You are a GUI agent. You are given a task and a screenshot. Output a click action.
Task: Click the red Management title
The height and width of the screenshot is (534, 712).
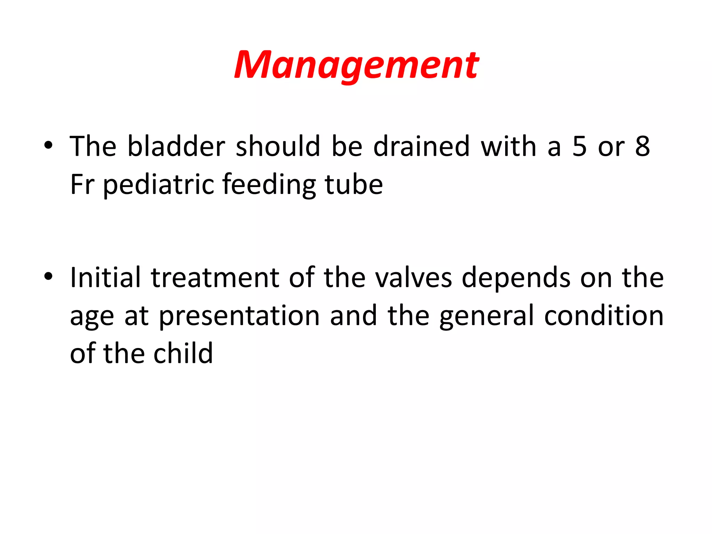[356, 65]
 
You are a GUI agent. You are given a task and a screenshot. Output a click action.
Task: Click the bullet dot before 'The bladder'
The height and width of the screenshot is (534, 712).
[48, 145]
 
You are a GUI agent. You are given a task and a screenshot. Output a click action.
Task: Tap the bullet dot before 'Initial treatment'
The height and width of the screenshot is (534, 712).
[48, 276]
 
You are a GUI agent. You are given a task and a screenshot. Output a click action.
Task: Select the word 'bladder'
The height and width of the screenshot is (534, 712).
[176, 146]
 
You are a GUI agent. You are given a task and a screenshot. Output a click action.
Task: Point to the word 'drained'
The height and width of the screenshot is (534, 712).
[421, 146]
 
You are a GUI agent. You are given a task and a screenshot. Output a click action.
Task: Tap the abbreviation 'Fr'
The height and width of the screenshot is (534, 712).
[82, 184]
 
